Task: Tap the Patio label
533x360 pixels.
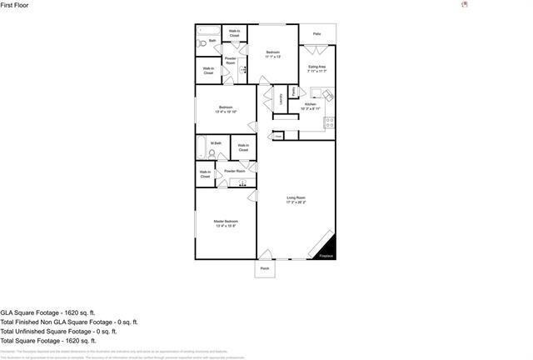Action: pyautogui.click(x=316, y=34)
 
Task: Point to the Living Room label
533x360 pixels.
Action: pyautogui.click(x=296, y=200)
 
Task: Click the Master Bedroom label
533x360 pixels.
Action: pyautogui.click(x=226, y=223)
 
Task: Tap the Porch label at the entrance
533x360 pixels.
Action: pyautogui.click(x=265, y=269)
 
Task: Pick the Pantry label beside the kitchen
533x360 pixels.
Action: pyautogui.click(x=293, y=92)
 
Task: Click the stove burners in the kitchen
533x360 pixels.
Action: pyautogui.click(x=329, y=122)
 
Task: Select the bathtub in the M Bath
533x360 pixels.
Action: pyautogui.click(x=201, y=148)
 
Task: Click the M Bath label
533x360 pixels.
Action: pyautogui.click(x=216, y=143)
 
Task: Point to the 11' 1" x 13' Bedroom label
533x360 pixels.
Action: pyautogui.click(x=272, y=54)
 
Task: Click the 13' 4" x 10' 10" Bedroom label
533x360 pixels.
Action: pyautogui.click(x=226, y=109)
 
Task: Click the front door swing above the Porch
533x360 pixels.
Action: pyautogui.click(x=265, y=254)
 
